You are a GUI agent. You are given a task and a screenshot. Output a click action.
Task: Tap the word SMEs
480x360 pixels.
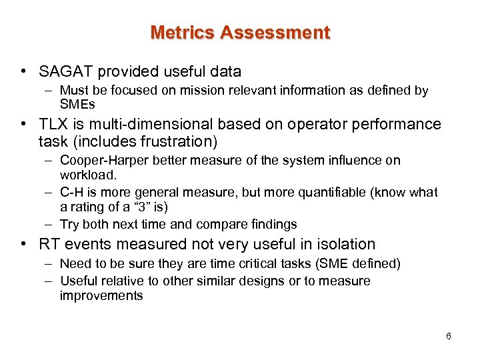78,104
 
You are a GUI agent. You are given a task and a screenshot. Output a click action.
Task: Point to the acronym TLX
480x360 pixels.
54,124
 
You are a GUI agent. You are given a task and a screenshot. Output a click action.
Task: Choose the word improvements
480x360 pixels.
101,295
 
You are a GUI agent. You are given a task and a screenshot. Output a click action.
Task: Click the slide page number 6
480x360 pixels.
449,336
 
